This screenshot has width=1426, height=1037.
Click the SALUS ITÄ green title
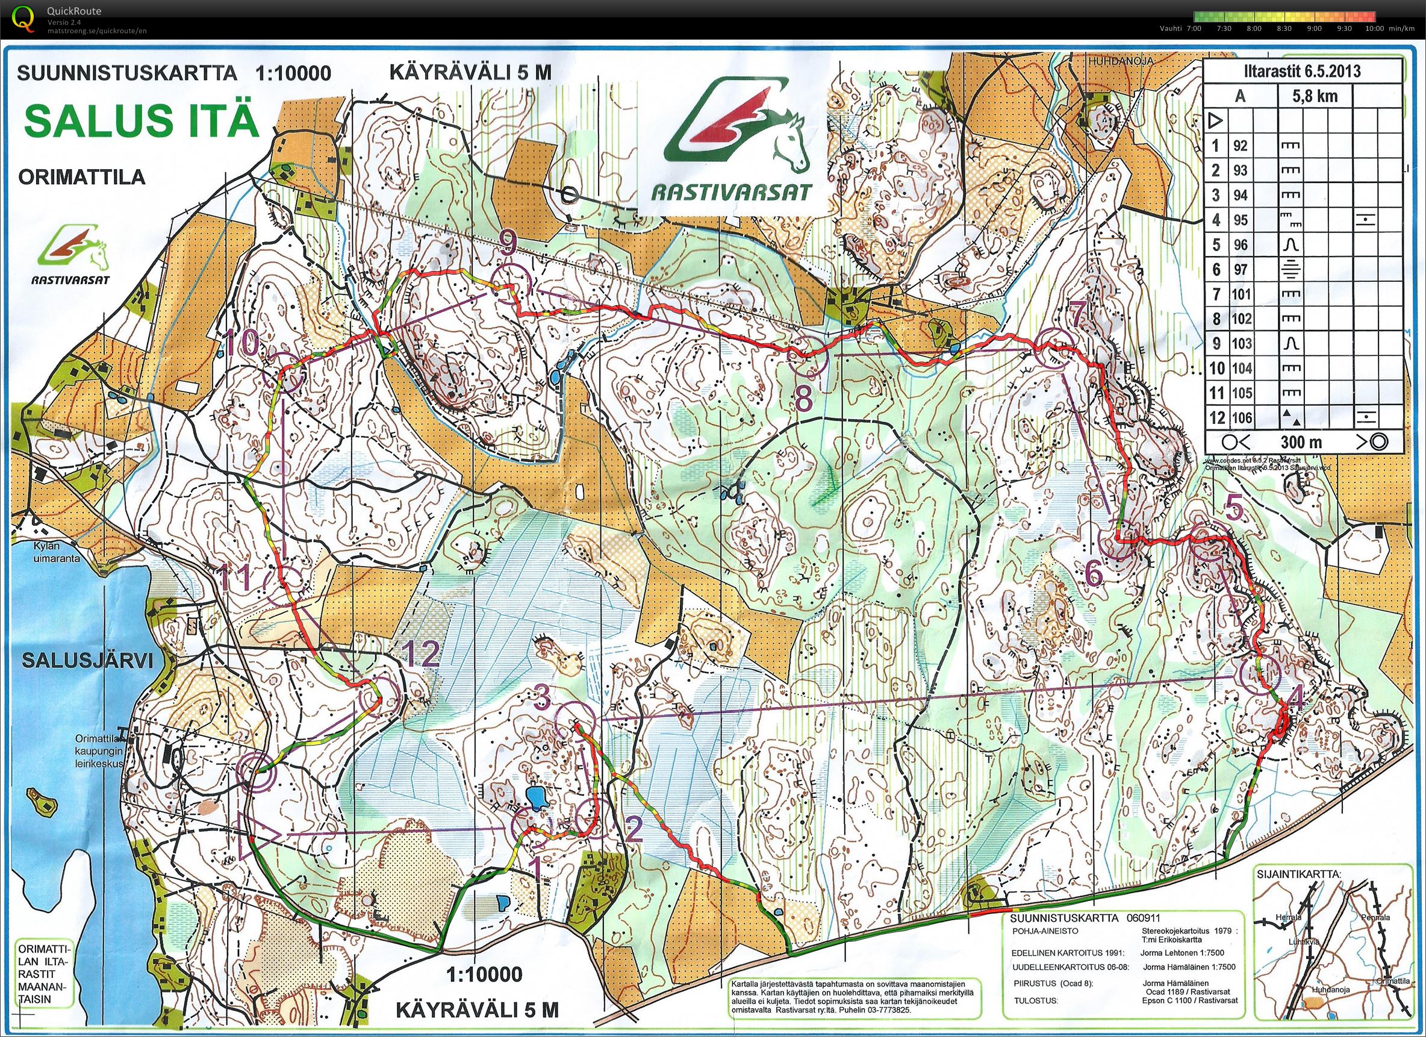point(142,120)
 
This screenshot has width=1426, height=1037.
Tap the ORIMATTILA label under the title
point(82,176)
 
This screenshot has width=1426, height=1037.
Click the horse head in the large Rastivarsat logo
point(789,142)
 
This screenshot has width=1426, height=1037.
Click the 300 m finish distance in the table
point(1300,442)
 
